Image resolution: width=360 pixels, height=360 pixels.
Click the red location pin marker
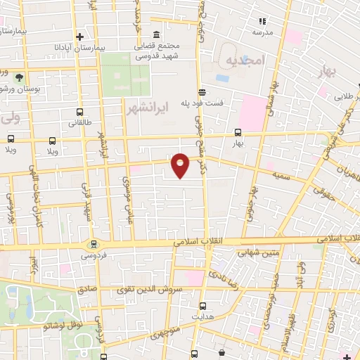pyautogui.click(x=181, y=165)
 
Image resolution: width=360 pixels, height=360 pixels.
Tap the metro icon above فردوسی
pyautogui.click(x=93, y=245)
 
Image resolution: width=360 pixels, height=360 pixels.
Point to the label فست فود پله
pyautogui.click(x=205, y=102)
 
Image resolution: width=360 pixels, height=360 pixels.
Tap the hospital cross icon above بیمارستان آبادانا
pyautogui.click(x=81, y=37)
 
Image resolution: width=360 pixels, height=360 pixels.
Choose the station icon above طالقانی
pyautogui.click(x=79, y=112)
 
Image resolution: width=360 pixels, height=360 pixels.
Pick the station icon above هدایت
pyautogui.click(x=203, y=306)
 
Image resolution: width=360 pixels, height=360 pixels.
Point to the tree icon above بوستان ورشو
pyautogui.click(x=19, y=77)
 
